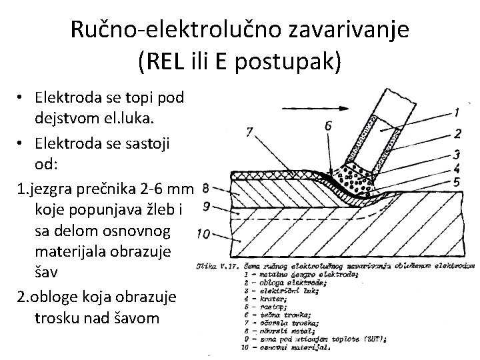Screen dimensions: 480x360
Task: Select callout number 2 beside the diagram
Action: tap(457, 133)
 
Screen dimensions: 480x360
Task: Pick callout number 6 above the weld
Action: tap(328, 125)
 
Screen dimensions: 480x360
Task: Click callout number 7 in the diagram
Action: tap(249, 132)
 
